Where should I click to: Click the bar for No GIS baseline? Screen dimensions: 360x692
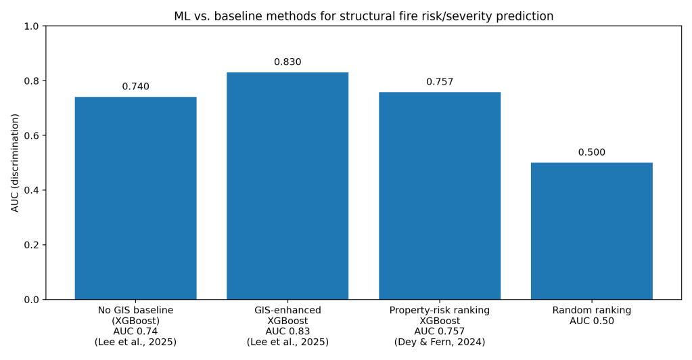(135, 198)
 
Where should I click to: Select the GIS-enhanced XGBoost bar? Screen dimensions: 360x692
(287, 185)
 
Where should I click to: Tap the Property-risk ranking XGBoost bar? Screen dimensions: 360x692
(440, 196)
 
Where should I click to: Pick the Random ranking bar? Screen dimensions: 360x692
(591, 231)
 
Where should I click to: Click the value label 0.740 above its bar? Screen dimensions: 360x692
(135, 87)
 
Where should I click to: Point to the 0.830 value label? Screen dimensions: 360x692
(287, 62)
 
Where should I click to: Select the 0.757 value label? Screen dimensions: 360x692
(440, 82)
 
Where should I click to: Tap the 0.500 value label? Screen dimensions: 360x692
(591, 152)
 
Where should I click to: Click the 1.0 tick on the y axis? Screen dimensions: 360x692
(32, 26)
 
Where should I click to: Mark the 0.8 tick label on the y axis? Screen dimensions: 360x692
(32, 81)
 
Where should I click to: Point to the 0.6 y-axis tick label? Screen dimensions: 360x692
(32, 135)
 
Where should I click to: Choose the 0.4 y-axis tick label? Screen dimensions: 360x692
(32, 190)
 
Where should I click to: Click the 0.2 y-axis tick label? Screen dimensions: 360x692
(32, 245)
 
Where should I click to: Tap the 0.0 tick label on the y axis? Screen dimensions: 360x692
(32, 300)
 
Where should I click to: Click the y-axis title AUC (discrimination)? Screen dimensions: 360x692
(15, 162)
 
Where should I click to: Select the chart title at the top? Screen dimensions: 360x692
(363, 16)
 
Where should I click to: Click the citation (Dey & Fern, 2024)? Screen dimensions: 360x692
(440, 342)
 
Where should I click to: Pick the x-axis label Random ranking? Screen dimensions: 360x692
(591, 311)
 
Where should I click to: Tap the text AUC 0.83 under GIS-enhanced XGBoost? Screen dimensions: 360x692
(287, 332)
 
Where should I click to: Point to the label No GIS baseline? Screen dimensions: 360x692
(135, 311)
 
